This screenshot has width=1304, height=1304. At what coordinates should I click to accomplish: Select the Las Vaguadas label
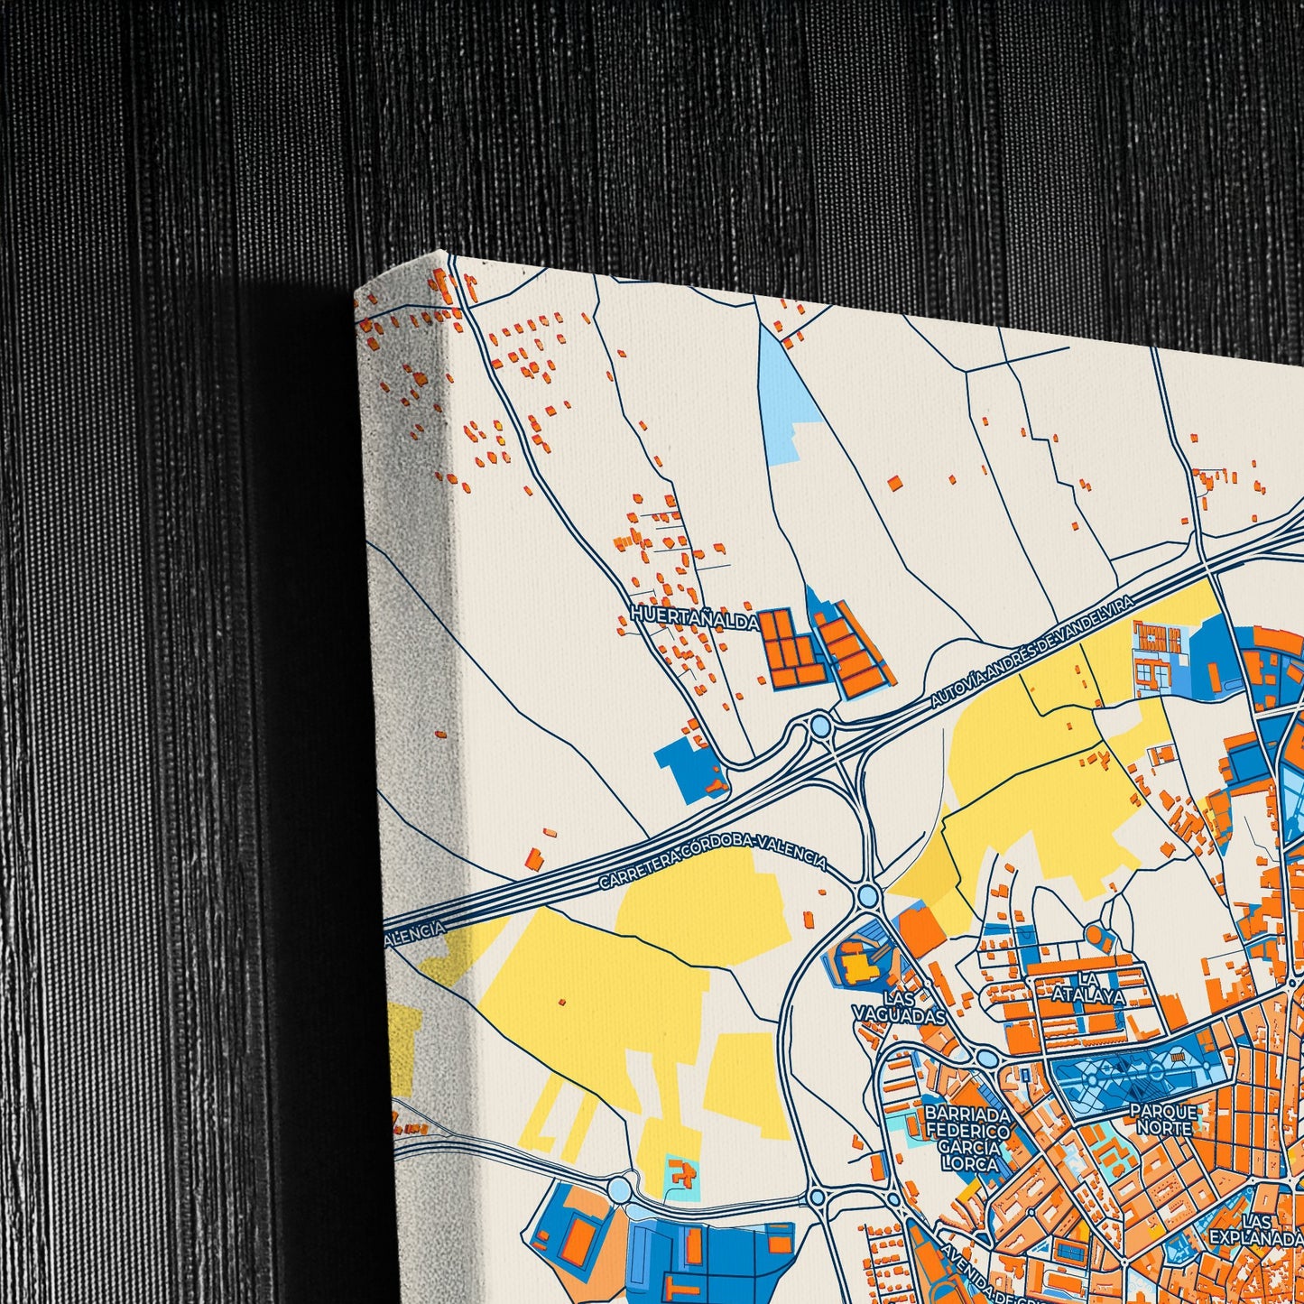click(899, 1006)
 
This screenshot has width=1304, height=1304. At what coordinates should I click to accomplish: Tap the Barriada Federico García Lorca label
click(967, 1139)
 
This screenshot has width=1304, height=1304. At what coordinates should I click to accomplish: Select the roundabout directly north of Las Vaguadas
click(868, 895)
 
